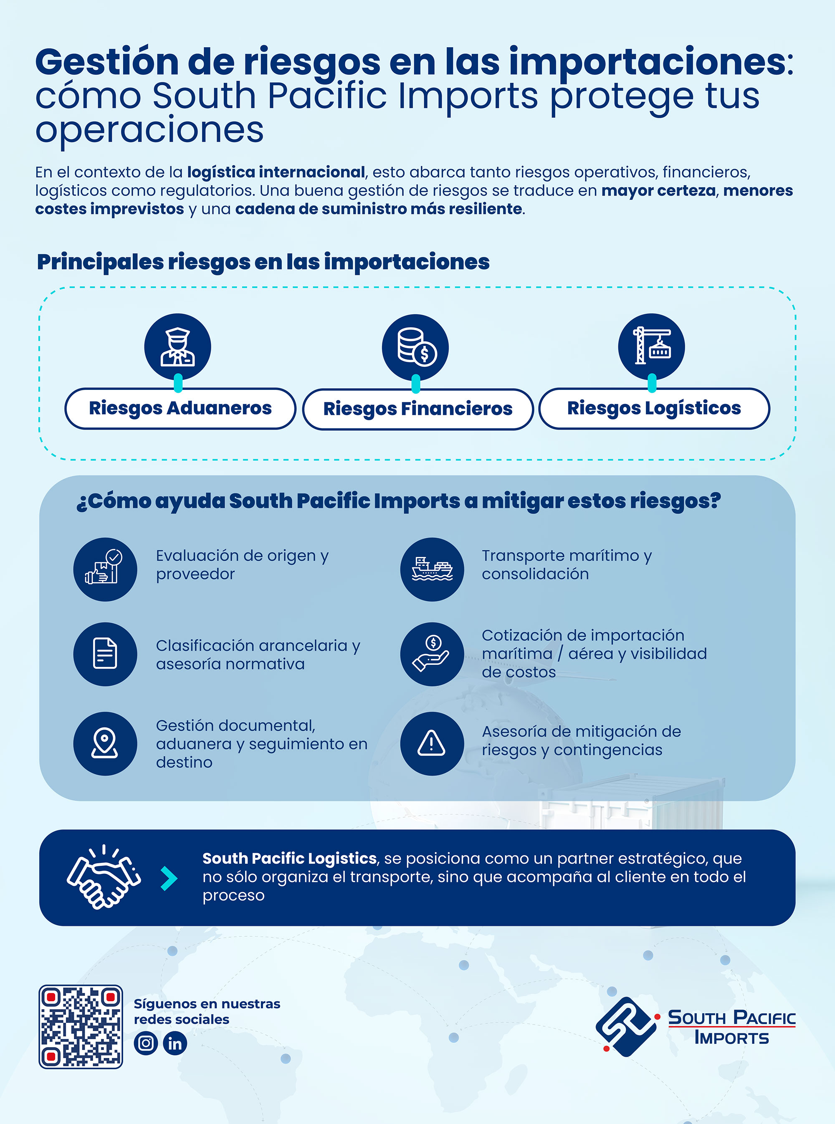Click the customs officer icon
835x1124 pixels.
[x=177, y=346]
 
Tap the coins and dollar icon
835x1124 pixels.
[x=415, y=347]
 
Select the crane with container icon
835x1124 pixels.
[x=652, y=346]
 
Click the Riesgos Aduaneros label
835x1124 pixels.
[x=180, y=408]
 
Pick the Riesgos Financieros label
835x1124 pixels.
[x=417, y=409]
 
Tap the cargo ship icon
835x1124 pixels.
[x=432, y=569]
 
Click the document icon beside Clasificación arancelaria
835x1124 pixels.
[x=105, y=654]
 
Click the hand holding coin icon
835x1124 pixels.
[x=432, y=654]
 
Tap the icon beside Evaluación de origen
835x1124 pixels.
[x=105, y=569]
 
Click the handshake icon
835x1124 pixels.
[x=104, y=877]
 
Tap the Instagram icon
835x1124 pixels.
[x=146, y=1043]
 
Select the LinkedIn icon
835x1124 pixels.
[x=175, y=1043]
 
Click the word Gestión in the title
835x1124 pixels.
[x=106, y=62]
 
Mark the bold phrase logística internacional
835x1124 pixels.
[x=276, y=172]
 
